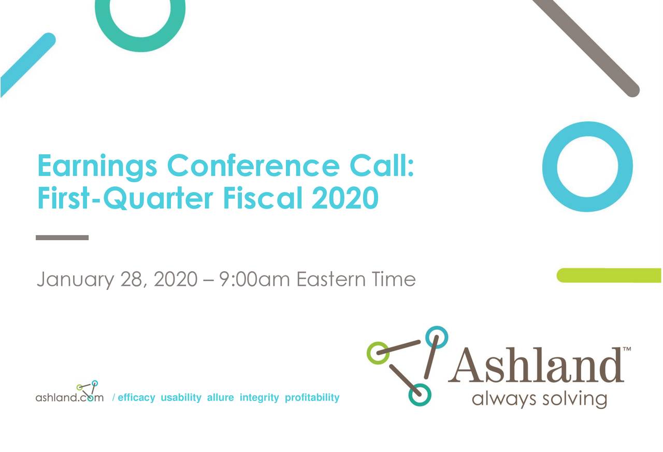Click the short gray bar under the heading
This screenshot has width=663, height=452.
62,238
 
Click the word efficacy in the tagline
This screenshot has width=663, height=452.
136,398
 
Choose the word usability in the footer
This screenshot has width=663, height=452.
181,398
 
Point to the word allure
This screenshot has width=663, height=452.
220,398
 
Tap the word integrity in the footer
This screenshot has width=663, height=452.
259,398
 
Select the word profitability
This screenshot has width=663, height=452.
312,398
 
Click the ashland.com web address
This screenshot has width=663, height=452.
69,398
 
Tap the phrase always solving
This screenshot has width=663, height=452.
539,399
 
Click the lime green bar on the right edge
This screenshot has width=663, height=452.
609,275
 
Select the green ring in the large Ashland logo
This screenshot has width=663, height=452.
378,353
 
